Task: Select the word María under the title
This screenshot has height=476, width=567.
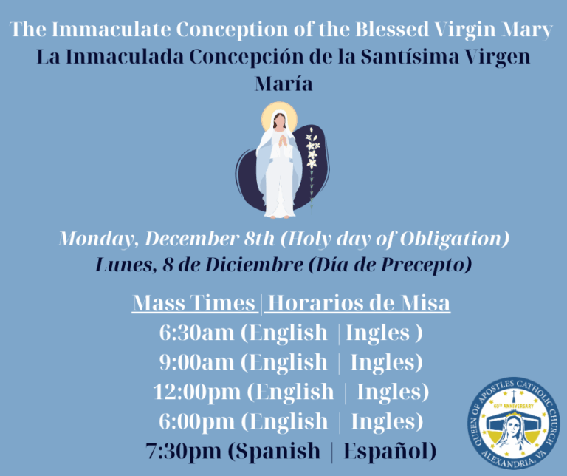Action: [283, 84]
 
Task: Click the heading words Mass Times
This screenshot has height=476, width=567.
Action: [194, 304]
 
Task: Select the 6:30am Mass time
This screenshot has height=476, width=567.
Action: [196, 333]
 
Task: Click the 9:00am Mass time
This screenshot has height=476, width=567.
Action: [196, 362]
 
